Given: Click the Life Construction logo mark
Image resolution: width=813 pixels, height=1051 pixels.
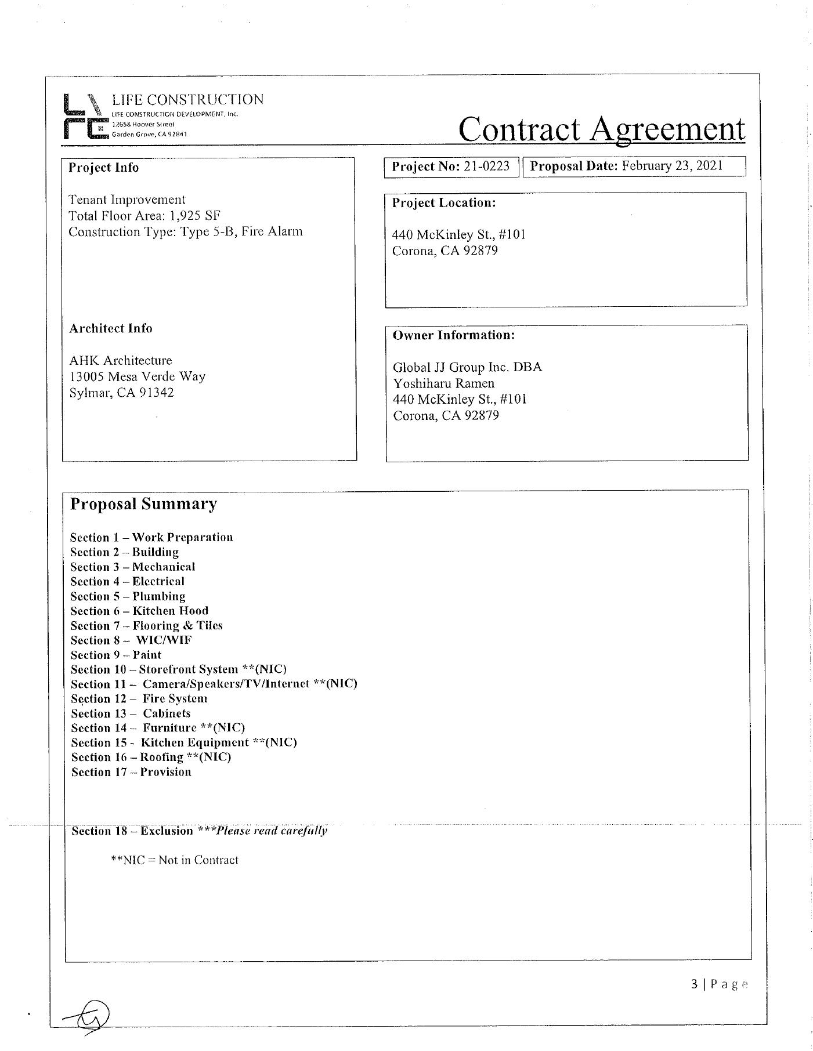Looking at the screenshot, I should click(x=85, y=117).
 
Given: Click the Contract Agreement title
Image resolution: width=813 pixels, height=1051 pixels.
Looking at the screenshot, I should click(x=601, y=129).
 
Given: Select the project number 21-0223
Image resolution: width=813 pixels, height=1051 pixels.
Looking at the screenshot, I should click(x=486, y=166).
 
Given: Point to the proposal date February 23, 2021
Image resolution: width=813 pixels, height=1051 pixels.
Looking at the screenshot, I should click(x=672, y=166).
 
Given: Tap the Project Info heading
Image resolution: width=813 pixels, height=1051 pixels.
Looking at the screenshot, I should click(x=103, y=168).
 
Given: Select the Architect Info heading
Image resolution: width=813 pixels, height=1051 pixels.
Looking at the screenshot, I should click(x=110, y=328).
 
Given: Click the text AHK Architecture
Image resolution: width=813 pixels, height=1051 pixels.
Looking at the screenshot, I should click(x=120, y=360).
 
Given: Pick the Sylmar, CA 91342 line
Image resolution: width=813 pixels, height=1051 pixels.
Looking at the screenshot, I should click(x=121, y=393).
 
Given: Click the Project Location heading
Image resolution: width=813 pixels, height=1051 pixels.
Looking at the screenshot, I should click(x=444, y=203).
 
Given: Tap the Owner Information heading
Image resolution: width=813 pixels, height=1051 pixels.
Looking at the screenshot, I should click(x=453, y=335).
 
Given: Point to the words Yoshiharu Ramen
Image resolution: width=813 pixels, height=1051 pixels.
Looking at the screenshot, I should click(x=443, y=383).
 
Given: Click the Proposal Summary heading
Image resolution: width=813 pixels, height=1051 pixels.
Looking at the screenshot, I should click(x=143, y=503).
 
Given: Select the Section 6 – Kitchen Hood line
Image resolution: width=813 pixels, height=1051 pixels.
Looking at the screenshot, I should click(x=139, y=611).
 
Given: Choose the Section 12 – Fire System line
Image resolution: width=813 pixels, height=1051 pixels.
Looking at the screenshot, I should click(x=139, y=699).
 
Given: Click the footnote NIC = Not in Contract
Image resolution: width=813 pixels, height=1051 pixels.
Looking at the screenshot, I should click(x=174, y=860).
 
